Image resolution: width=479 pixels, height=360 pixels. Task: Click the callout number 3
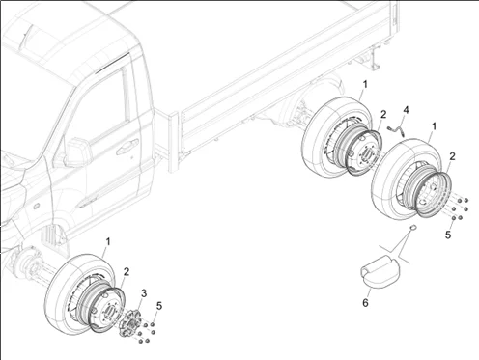pos(144,293)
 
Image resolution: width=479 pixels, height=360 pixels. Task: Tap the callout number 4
pos(406,110)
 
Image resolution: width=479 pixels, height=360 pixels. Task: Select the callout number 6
pos(365,303)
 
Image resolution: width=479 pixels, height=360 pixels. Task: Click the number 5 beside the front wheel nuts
pos(159,306)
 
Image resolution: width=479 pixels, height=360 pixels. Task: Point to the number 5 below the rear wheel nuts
pos(448,235)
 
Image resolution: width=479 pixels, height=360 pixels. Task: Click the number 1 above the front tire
pos(108,241)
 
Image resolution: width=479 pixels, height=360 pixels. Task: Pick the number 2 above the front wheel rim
pos(127,272)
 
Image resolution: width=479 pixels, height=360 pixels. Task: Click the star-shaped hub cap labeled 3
pos(130,323)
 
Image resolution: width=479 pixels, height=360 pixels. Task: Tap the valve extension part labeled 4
pos(397,129)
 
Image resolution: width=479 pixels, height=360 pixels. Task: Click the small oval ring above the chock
pos(412,228)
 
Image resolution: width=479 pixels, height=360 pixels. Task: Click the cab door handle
pos(127,148)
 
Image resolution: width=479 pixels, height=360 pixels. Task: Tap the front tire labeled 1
pos(79,293)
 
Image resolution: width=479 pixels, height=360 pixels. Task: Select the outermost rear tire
pos(408,179)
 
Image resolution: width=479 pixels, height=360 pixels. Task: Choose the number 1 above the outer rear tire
pos(434,126)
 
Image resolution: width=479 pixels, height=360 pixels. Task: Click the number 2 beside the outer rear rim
pos(452,156)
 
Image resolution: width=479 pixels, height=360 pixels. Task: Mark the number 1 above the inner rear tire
pos(365,84)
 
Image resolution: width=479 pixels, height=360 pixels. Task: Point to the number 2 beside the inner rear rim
pos(383,114)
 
